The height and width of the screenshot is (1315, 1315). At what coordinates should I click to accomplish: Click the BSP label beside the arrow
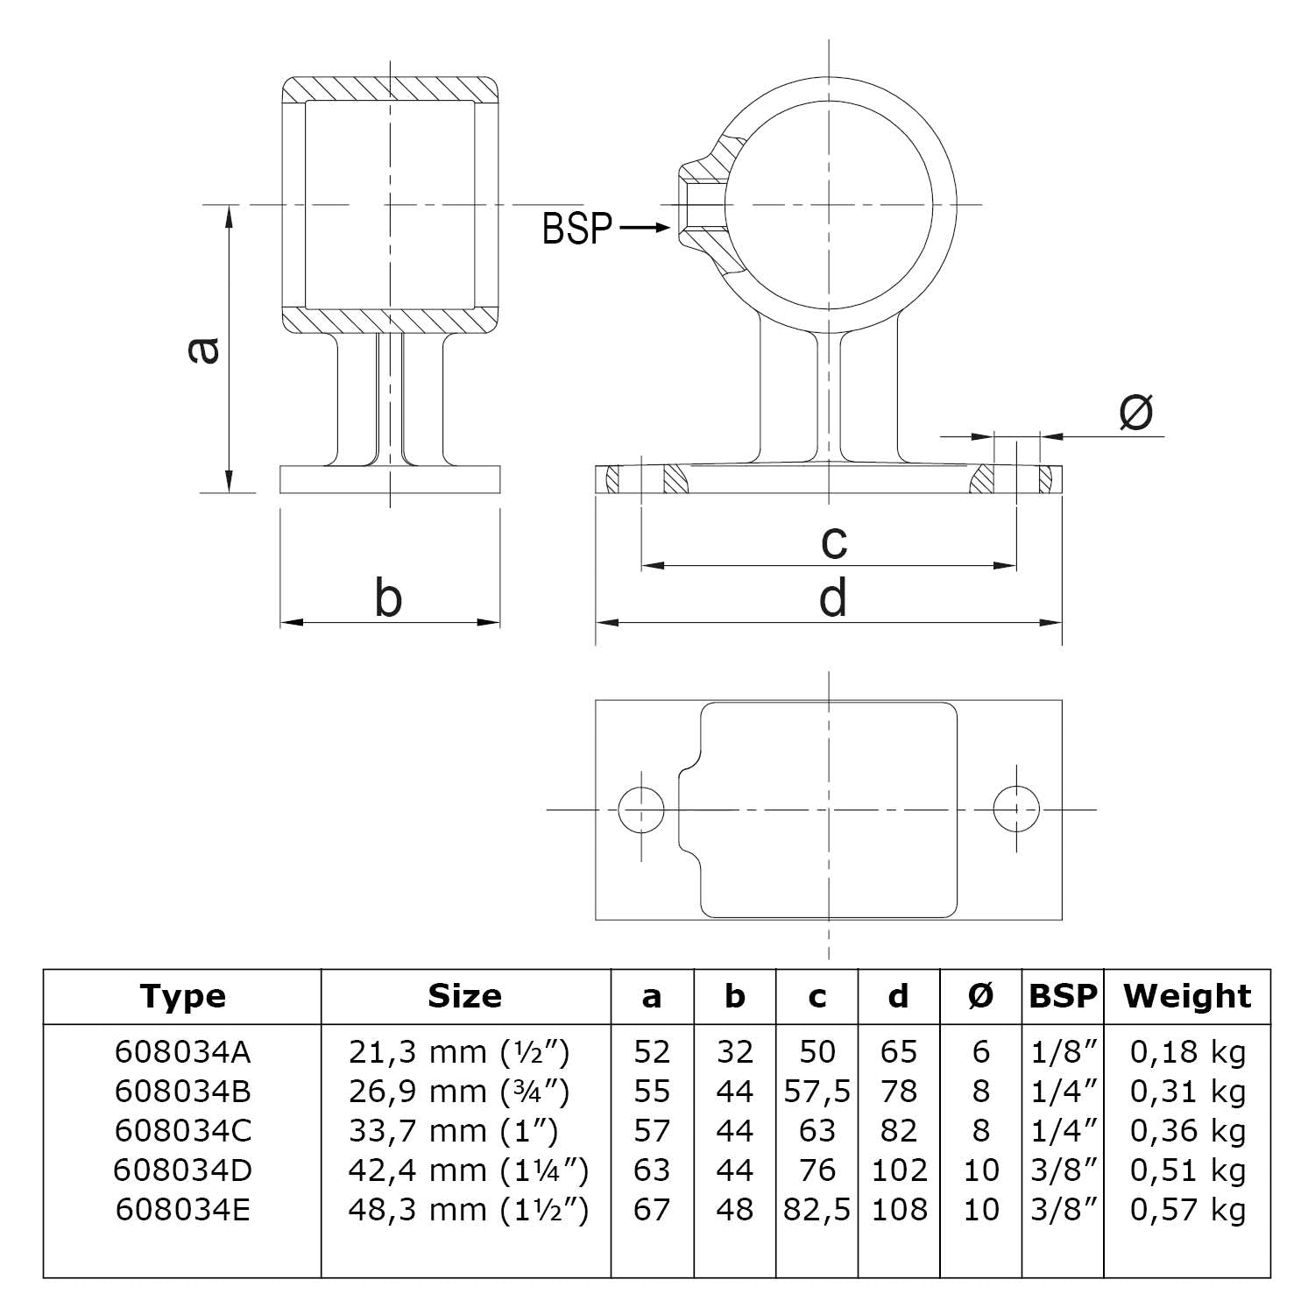tap(576, 229)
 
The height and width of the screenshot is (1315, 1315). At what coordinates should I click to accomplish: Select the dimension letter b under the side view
tap(387, 599)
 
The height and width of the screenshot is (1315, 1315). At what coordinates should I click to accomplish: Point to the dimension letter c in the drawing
tap(834, 541)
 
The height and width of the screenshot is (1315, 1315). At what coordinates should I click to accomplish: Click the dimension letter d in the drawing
tap(832, 599)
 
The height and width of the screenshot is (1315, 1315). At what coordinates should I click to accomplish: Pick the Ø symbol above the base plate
tap(1136, 413)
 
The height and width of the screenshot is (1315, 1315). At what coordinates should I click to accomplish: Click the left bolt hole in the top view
tap(640, 809)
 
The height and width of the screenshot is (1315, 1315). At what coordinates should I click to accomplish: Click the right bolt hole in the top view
tap(1016, 809)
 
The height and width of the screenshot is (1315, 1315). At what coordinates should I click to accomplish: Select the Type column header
tap(182, 996)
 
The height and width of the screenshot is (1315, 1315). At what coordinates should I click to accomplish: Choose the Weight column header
tap(1187, 996)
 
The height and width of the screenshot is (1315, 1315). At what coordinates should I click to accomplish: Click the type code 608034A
tap(182, 1051)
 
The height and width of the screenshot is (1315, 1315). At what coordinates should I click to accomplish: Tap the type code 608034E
tap(182, 1210)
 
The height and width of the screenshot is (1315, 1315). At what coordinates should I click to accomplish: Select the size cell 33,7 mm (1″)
tap(453, 1131)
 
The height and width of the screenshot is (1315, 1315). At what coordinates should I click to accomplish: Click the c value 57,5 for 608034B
tap(817, 1092)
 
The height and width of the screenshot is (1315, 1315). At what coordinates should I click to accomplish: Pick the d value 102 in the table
tap(899, 1170)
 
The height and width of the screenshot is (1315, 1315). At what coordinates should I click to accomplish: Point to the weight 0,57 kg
tap(1187, 1210)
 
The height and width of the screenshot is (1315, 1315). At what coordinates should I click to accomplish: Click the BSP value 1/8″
tap(1064, 1051)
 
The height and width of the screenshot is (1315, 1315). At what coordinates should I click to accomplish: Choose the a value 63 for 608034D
tap(652, 1170)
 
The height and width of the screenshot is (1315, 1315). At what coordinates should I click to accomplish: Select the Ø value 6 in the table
tap(980, 1051)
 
